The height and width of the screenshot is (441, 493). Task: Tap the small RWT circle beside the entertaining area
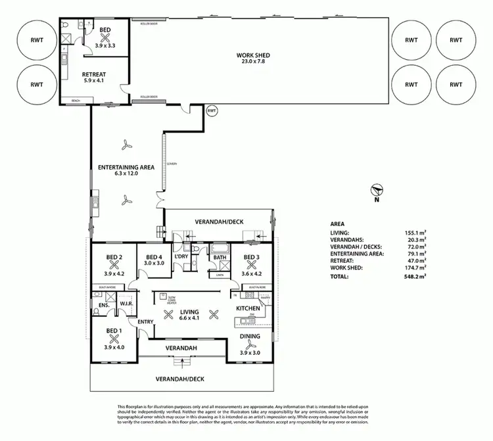(x=212, y=111)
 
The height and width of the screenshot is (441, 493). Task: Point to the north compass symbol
(x=374, y=190)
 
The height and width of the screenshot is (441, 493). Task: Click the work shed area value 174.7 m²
(x=415, y=267)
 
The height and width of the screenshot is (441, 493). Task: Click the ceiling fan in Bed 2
(x=115, y=266)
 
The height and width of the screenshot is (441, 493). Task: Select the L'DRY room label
(x=181, y=257)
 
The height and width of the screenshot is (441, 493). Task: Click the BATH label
(x=218, y=258)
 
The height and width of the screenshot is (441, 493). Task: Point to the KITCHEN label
(x=248, y=308)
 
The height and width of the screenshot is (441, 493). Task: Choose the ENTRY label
(x=145, y=321)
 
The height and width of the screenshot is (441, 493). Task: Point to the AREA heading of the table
(x=337, y=223)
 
